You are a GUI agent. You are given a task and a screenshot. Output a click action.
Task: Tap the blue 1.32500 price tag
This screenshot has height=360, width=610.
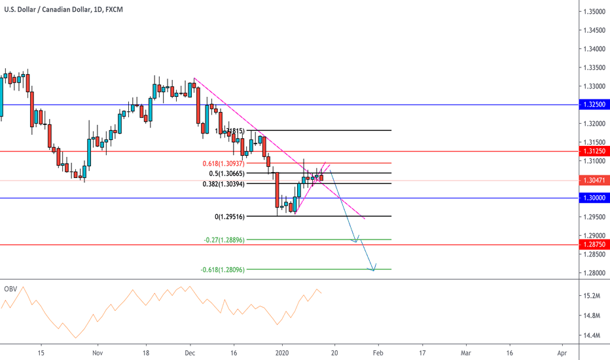click(x=594, y=104)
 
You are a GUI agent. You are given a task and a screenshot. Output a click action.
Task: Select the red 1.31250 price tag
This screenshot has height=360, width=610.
click(x=594, y=151)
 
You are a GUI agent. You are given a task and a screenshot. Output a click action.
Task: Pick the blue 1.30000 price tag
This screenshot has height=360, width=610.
click(x=594, y=198)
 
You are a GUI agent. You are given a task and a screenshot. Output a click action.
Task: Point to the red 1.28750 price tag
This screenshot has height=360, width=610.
click(x=594, y=245)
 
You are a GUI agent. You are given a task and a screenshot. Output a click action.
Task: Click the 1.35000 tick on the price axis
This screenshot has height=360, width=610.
click(x=594, y=12)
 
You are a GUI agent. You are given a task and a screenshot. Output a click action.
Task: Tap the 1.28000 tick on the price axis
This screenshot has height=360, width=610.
click(x=594, y=273)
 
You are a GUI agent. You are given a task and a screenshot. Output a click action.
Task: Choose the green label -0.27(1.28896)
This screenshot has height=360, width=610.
click(x=224, y=240)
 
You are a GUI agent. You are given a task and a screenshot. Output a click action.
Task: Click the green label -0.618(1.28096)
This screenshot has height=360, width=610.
click(x=222, y=269)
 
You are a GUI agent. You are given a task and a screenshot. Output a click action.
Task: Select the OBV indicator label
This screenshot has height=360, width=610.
click(x=10, y=289)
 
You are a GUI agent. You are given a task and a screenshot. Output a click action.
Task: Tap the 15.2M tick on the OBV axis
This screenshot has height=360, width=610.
click(x=592, y=296)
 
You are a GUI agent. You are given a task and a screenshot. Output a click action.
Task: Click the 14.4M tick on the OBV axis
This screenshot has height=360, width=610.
click(x=592, y=336)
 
